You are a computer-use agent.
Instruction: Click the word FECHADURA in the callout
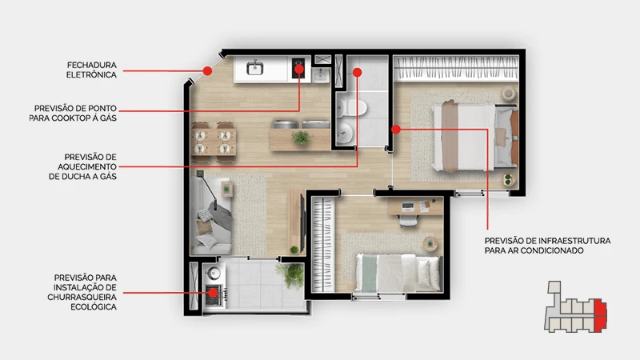(x=92, y=65)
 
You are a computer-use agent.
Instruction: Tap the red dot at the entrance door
(x=207, y=70)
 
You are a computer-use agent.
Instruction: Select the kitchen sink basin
(x=255, y=67)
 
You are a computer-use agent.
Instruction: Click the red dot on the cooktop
(x=299, y=69)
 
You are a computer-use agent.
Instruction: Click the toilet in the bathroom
(x=351, y=108)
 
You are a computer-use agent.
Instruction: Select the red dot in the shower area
(x=357, y=73)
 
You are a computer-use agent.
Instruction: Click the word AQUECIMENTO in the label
(x=87, y=166)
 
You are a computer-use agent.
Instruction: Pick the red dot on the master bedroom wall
(x=395, y=130)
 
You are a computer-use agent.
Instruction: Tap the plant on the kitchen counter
(x=301, y=138)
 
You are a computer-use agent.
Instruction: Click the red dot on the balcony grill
(x=213, y=293)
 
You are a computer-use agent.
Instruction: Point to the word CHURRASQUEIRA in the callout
(x=82, y=297)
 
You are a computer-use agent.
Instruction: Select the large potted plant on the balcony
(x=290, y=274)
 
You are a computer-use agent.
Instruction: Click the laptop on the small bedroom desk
(x=408, y=206)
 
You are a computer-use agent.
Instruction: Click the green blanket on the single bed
(x=370, y=274)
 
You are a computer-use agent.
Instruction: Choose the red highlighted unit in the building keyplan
(x=600, y=314)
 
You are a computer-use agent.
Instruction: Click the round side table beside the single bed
(x=430, y=244)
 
